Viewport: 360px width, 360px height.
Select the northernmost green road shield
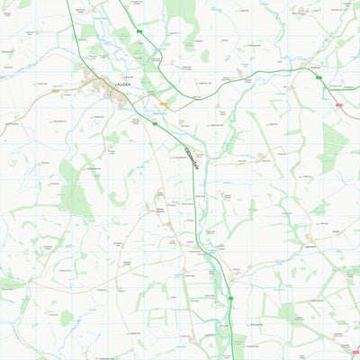pyautogui.click(x=139, y=31)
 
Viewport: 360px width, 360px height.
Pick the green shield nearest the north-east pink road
pyautogui.click(x=319, y=78)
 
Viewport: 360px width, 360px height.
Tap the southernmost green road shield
pyautogui.click(x=230, y=298)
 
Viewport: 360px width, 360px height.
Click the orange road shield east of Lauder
pyautogui.click(x=163, y=103)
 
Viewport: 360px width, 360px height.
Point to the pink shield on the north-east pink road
pyautogui.click(x=339, y=104)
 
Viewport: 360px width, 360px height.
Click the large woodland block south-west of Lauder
pyautogui.click(x=77, y=189)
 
